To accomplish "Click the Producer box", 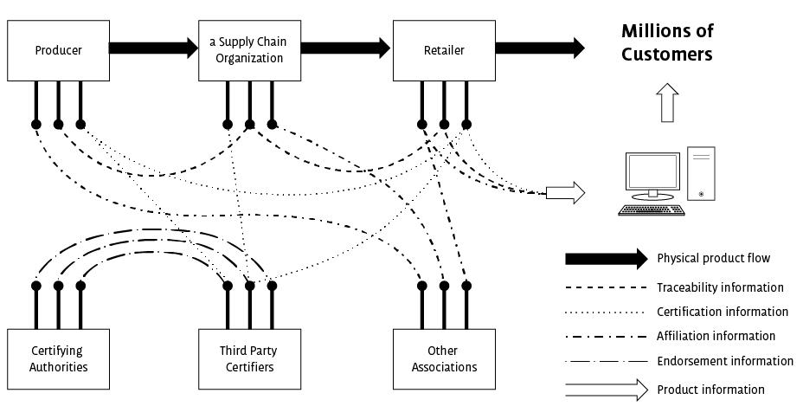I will click(58, 50).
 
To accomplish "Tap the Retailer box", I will click(443, 50).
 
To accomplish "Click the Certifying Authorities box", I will click(58, 358).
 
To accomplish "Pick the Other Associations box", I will click(443, 358).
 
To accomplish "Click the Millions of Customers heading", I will click(667, 42).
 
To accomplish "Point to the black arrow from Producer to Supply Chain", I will click(153, 48).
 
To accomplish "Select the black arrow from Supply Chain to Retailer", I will click(344, 48).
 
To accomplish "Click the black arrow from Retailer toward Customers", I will click(538, 48).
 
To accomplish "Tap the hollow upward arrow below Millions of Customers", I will click(666, 103).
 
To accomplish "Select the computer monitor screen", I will click(652, 171).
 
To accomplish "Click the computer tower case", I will click(701, 173).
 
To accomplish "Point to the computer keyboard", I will click(652, 210).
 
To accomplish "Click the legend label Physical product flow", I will click(713, 258).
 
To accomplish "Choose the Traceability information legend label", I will click(720, 287).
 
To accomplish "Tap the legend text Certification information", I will click(723, 312).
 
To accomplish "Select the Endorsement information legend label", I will click(725, 361).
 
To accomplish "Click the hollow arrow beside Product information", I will click(606, 390).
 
